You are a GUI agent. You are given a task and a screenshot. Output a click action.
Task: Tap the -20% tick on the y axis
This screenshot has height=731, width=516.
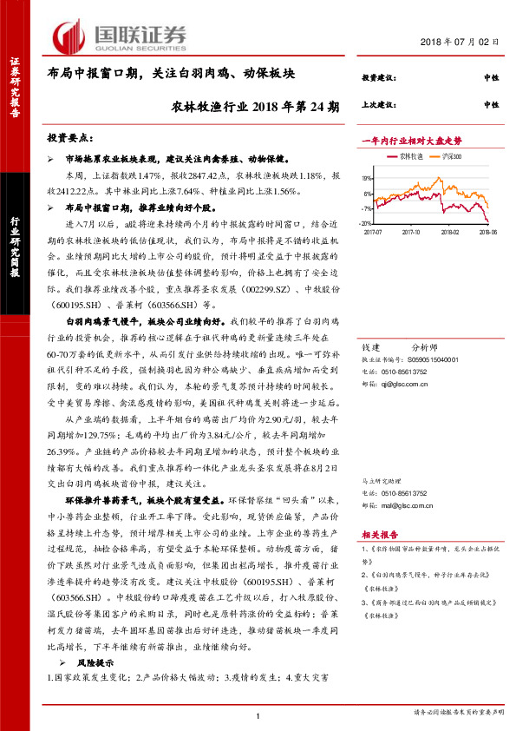coord(367,223)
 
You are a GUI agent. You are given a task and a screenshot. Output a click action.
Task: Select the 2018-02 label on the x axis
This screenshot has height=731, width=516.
coord(449,232)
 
